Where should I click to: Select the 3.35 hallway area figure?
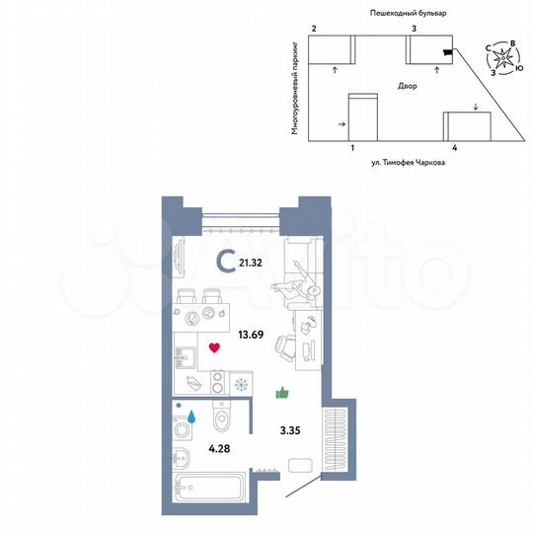(288, 429)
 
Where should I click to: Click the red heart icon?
(214, 346)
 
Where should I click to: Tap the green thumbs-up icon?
(282, 394)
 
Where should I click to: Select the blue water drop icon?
(194, 419)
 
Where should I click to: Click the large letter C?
(226, 261)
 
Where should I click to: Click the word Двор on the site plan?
(407, 86)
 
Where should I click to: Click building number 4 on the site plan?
(453, 146)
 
